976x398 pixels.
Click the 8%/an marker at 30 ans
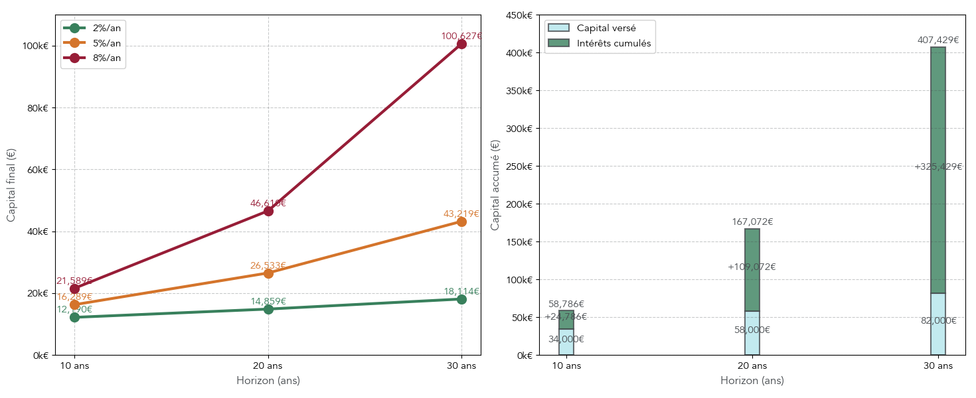(461, 44)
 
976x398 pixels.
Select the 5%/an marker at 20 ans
(268, 273)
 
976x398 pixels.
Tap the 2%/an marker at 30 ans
(461, 299)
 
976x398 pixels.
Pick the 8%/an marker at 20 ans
(268, 211)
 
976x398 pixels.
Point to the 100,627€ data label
(461, 36)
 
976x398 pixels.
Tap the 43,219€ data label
(461, 214)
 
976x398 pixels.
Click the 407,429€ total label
(938, 40)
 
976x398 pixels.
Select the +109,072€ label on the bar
(752, 267)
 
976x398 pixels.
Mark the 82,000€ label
(938, 320)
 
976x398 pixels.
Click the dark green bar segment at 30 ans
(938, 170)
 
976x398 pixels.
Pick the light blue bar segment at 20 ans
(752, 333)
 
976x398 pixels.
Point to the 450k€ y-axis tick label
(519, 15)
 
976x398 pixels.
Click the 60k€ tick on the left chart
(37, 170)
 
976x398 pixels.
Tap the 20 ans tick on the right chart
(752, 365)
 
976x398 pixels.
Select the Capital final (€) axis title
(11, 185)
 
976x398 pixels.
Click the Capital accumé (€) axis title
(495, 185)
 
